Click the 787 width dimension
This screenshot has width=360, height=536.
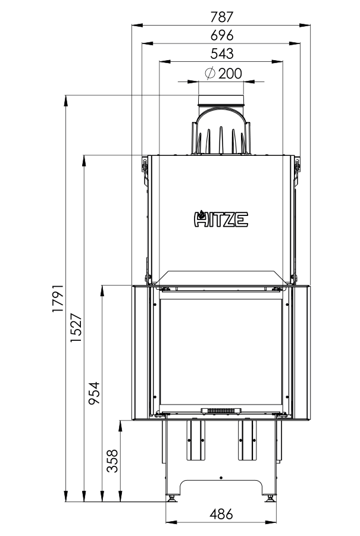pyautogui.click(x=221, y=17)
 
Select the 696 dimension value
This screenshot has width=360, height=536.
pyautogui.click(x=221, y=35)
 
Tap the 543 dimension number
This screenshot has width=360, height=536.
pyautogui.click(x=221, y=54)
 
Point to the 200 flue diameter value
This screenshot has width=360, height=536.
pyautogui.click(x=230, y=73)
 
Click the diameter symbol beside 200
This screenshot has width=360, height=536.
pyautogui.click(x=210, y=73)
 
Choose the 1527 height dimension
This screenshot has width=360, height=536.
pyautogui.click(x=76, y=328)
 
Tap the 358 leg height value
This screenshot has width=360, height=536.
pyautogui.click(x=112, y=461)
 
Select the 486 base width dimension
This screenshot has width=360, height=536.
pyautogui.click(x=221, y=513)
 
